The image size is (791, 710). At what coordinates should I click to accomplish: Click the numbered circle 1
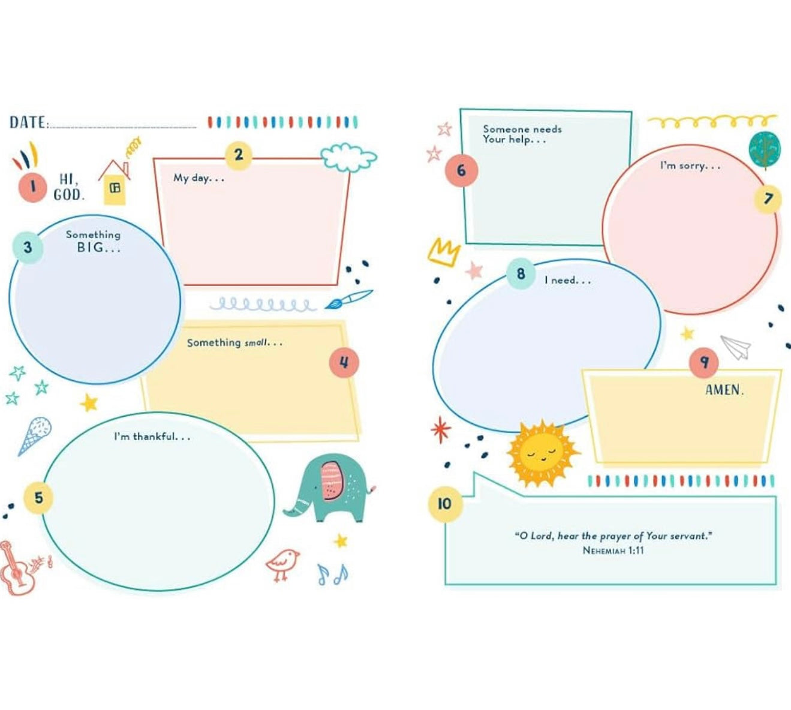(x=32, y=186)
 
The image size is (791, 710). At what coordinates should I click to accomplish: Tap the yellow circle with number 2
(x=239, y=155)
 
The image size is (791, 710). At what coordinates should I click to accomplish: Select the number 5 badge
(x=38, y=498)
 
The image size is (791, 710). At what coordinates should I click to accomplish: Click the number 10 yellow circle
(x=444, y=503)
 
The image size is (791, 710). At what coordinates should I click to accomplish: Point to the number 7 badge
(x=768, y=198)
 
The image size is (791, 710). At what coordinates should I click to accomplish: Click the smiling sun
(x=541, y=453)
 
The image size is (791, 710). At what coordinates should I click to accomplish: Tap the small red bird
(x=282, y=564)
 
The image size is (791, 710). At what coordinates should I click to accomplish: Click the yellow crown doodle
(x=444, y=251)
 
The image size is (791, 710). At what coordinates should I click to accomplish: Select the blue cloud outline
(x=348, y=157)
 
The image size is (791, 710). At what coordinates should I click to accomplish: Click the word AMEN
(x=724, y=390)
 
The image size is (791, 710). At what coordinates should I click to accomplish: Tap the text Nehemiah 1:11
(x=613, y=550)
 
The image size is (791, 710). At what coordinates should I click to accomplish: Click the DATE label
(x=28, y=123)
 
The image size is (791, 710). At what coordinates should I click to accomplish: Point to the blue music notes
(x=332, y=574)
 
